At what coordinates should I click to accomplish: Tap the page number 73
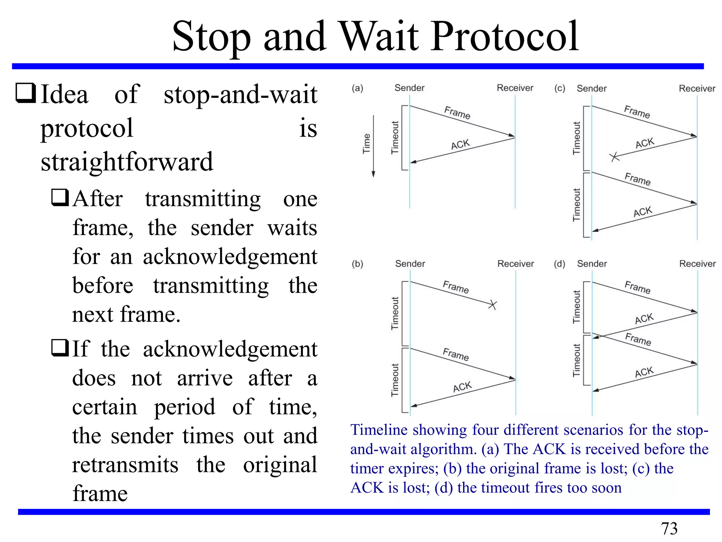tap(669, 529)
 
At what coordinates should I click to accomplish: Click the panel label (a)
tap(357, 88)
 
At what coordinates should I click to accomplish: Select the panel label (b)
tap(357, 264)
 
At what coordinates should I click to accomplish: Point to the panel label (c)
tap(559, 88)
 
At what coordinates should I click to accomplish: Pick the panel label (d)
tap(559, 264)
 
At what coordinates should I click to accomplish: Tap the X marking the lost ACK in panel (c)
tap(614, 157)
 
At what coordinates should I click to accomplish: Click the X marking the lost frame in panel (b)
tap(492, 305)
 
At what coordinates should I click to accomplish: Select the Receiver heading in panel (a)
tap(515, 88)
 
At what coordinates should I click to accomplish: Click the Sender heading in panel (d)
tap(592, 264)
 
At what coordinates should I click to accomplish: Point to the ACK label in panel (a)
tap(460, 144)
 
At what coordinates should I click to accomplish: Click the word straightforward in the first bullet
tap(127, 162)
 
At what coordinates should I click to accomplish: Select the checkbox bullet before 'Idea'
tap(26, 94)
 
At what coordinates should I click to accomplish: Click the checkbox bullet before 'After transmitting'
tap(60, 198)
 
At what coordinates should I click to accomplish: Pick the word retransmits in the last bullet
tap(125, 464)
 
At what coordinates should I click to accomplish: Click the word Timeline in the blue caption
tap(378, 430)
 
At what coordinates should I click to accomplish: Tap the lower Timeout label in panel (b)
tap(395, 380)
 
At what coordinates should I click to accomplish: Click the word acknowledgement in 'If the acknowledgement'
tap(230, 349)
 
